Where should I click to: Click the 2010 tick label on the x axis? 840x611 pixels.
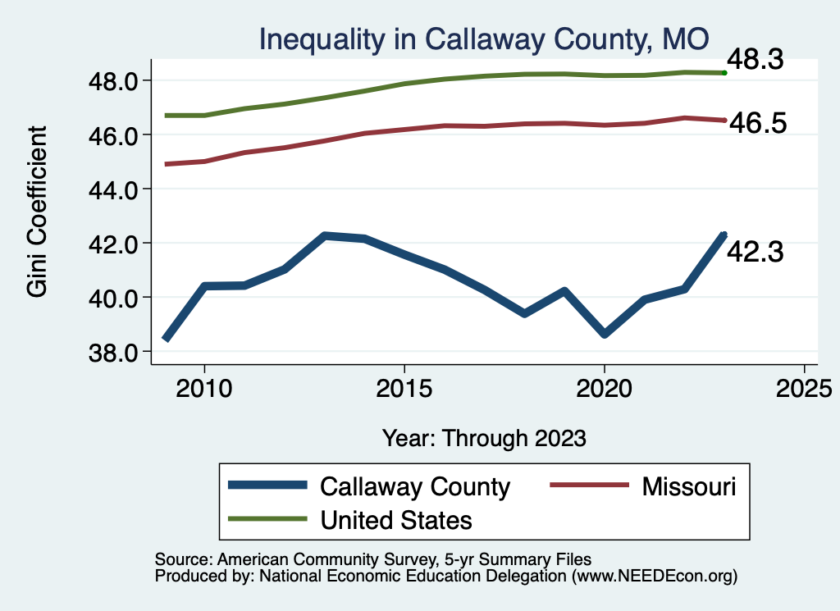(x=204, y=389)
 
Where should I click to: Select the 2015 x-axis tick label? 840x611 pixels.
(x=404, y=389)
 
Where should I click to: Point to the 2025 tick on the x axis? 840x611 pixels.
(x=804, y=389)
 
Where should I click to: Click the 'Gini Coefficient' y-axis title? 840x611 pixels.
(x=38, y=211)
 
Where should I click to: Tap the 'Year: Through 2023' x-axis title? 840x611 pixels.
(x=484, y=438)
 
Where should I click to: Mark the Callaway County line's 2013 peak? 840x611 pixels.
(x=325, y=235)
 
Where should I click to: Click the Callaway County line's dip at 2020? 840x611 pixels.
(x=605, y=334)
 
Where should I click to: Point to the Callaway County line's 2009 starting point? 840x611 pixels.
(x=166, y=338)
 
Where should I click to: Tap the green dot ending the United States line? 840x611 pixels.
(x=724, y=73)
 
